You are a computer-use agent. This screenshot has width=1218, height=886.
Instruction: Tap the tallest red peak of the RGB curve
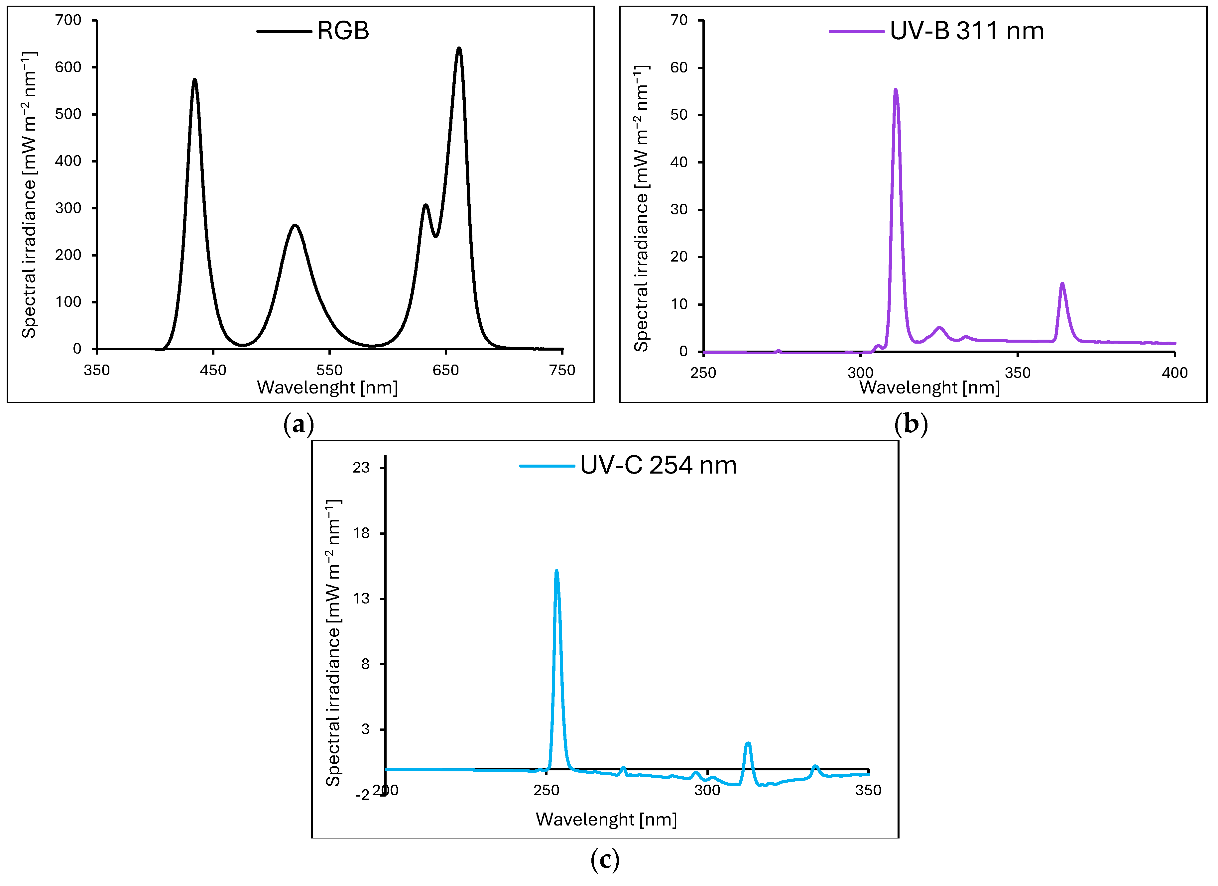[459, 50]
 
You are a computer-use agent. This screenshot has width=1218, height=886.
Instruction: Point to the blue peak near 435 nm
[194, 80]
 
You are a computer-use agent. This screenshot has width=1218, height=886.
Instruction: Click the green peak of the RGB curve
[295, 226]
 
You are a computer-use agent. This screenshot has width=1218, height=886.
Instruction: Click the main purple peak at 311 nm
[895, 91]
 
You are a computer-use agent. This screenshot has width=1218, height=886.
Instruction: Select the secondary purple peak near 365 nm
[1062, 284]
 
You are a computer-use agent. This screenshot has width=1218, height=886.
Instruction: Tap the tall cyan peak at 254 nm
[556, 572]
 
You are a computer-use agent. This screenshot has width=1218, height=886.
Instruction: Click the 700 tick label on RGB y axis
[68, 20]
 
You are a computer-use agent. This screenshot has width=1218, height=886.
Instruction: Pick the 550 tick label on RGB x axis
[329, 370]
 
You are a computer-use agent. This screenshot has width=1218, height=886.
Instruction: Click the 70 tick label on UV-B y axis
[679, 20]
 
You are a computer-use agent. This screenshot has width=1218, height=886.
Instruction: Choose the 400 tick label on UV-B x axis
[1174, 373]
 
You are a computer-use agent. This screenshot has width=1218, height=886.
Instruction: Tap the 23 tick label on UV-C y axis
[361, 468]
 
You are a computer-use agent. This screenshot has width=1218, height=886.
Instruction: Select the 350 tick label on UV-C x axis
[868, 790]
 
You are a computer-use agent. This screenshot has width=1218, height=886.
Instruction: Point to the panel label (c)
[605, 860]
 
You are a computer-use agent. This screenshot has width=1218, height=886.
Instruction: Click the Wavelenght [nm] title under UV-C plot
[606, 820]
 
